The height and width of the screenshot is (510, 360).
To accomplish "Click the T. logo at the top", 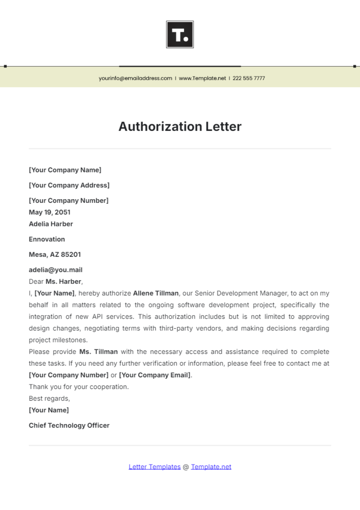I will click(x=180, y=34).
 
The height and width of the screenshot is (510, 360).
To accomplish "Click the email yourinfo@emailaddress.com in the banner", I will click(x=135, y=78).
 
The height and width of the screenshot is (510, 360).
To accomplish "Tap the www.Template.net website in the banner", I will click(x=202, y=78).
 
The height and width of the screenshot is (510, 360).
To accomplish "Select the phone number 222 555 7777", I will click(x=249, y=78).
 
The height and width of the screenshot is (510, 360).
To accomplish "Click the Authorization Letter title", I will click(x=180, y=127).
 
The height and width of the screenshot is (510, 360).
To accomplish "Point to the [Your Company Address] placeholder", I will click(x=69, y=185).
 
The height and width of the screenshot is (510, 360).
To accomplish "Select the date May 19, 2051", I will click(x=49, y=212).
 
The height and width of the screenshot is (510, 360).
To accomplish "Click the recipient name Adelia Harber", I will click(x=51, y=224).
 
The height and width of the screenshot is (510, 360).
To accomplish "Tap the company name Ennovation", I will click(x=47, y=239).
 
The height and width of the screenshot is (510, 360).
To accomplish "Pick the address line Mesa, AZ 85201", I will click(x=55, y=255).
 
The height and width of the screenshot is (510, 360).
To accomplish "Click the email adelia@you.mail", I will click(x=55, y=270).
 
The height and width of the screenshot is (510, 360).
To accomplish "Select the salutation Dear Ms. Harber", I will click(x=55, y=282).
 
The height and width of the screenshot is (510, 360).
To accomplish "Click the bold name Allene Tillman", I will click(x=156, y=293).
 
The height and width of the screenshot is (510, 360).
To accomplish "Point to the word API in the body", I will click(x=97, y=317).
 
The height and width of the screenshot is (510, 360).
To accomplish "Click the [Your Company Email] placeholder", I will click(x=155, y=375).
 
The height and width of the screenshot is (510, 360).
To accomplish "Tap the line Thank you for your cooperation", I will click(x=79, y=387).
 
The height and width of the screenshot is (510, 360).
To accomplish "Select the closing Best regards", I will click(x=49, y=398).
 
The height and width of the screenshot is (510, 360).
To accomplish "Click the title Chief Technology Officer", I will click(x=69, y=425).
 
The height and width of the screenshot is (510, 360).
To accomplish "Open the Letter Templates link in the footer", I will click(x=154, y=467).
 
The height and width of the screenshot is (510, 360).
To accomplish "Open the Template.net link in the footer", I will click(x=211, y=467).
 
